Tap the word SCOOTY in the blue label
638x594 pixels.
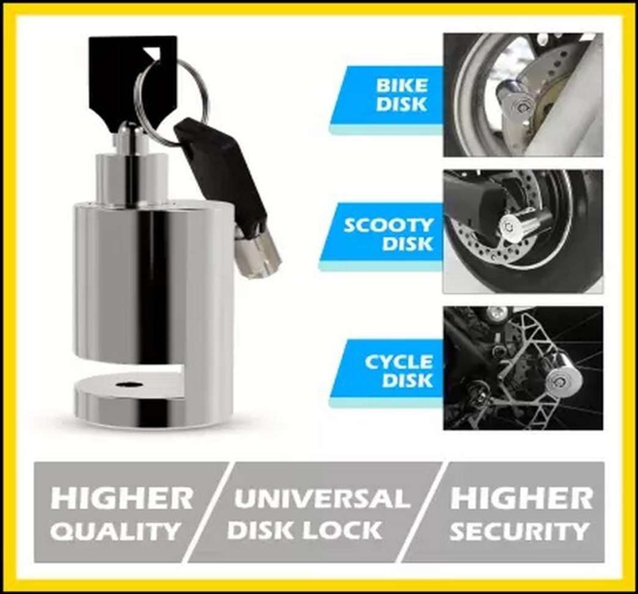[388, 226]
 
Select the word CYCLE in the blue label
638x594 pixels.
[398, 362]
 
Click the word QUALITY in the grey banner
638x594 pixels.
[116, 531]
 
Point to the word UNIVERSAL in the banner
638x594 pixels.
[322, 499]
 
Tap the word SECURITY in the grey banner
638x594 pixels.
[519, 531]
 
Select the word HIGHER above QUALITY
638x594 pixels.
[122, 499]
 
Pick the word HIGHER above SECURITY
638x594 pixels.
[522, 499]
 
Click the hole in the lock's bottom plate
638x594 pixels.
[127, 384]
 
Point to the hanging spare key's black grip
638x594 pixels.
[221, 171]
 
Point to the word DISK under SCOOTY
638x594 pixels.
[407, 244]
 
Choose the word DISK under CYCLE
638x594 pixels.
[407, 380]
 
